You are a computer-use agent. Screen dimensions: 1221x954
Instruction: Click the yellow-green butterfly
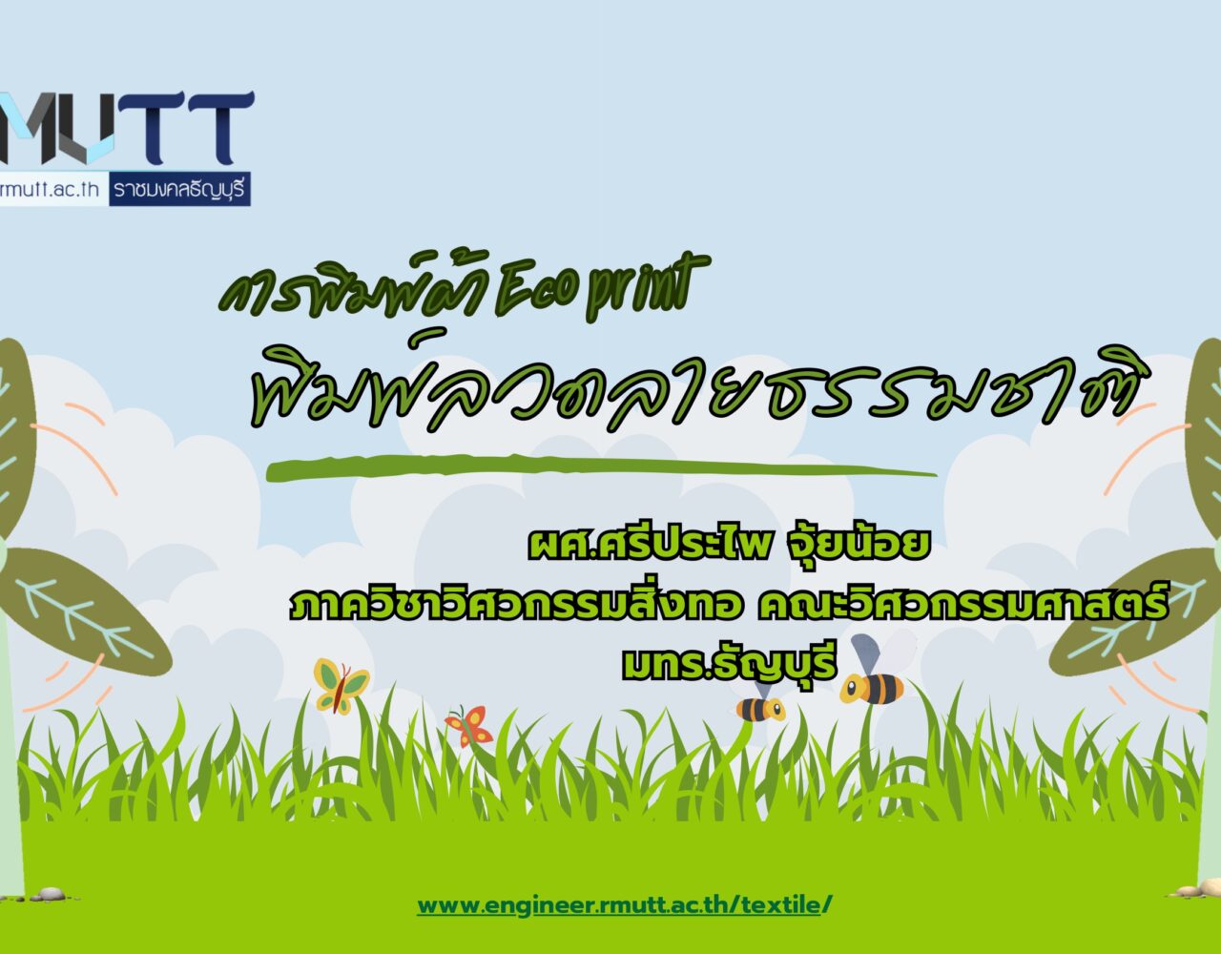tap(340, 686)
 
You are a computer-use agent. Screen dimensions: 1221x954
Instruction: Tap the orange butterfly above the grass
tap(469, 726)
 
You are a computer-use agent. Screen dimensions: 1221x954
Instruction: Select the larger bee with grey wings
tap(873, 672)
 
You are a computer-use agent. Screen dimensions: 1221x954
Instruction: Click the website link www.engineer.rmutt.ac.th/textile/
tap(624, 905)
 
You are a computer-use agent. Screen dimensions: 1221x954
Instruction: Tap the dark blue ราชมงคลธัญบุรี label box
tap(179, 189)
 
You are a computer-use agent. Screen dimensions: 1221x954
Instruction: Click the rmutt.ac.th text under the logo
tap(50, 189)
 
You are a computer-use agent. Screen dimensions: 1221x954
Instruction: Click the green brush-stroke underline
tap(601, 468)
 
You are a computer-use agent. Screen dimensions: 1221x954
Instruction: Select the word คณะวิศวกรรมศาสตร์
tap(962, 603)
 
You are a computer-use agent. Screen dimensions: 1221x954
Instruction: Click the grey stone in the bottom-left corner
tap(50, 893)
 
